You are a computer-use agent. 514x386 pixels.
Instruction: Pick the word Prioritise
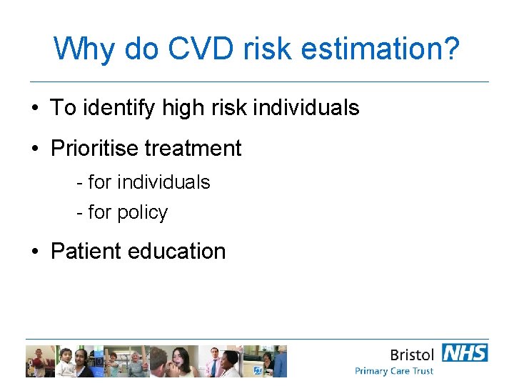94,149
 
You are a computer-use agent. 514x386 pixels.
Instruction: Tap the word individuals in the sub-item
163,182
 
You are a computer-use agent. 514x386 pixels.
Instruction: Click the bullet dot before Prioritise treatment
35,149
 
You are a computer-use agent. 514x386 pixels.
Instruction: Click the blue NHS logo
465,353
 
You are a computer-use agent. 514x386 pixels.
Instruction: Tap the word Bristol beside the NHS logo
413,355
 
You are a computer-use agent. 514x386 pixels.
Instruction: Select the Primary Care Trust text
394,371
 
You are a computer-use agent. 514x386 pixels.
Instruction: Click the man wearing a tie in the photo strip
213,361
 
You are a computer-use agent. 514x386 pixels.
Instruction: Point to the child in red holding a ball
36,361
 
